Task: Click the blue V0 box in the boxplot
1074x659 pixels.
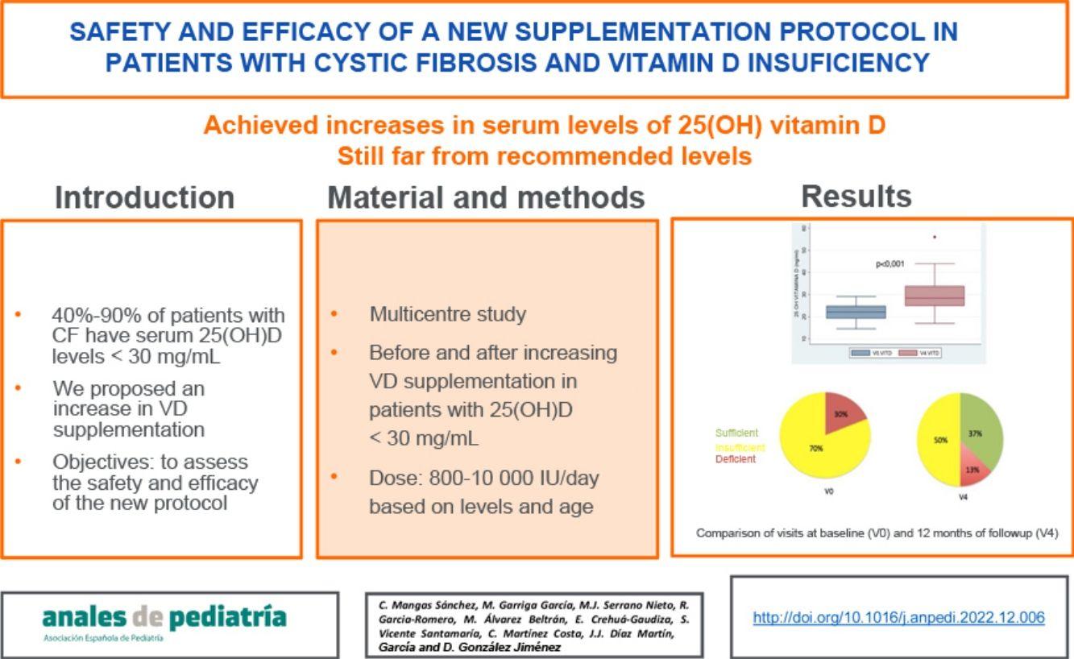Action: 856,312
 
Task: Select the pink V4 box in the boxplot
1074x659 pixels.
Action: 934,296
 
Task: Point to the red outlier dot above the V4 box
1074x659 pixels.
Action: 935,237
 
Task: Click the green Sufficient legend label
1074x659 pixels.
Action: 736,433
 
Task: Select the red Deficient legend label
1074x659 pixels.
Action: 736,459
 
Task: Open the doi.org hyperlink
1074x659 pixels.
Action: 898,617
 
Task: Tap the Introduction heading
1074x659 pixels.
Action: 144,197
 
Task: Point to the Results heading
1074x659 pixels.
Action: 856,197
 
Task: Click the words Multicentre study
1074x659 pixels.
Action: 447,314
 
